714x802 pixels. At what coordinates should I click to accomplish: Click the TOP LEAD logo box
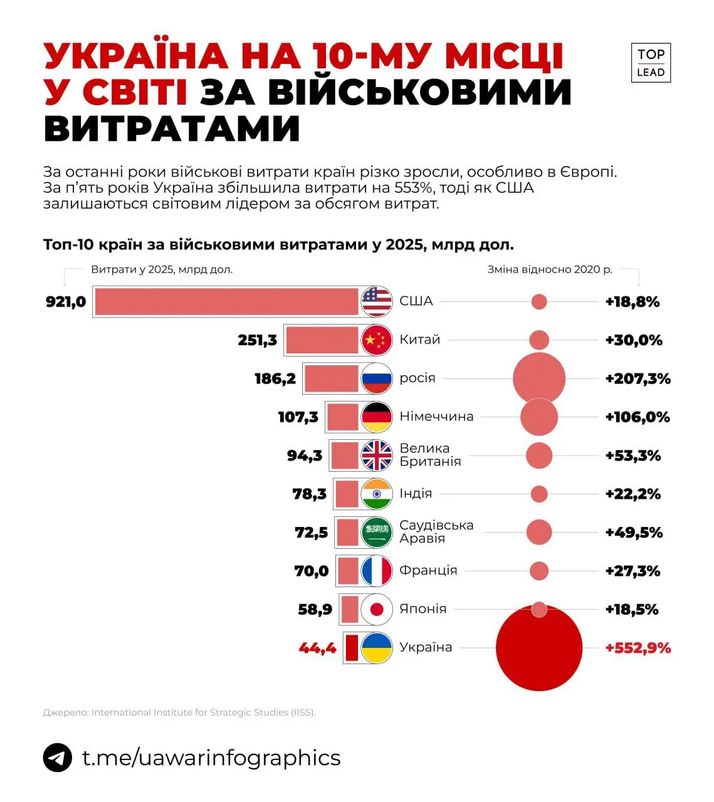pos(651,63)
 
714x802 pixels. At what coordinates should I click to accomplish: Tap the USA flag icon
pos(377,301)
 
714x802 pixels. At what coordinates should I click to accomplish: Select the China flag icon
pos(377,340)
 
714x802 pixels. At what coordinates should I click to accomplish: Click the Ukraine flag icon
pos(377,648)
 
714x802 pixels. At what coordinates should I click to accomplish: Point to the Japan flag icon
pos(377,609)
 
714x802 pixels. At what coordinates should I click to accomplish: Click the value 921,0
pos(66,302)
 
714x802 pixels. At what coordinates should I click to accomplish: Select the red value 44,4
pos(318,648)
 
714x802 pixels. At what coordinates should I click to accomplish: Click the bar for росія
pos(332,378)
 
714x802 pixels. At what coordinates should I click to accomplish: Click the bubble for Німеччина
pos(539,417)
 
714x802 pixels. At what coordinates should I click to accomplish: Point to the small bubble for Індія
pos(539,494)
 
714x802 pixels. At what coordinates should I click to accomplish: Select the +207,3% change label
pos(638,378)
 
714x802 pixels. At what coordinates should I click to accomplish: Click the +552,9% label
pos(638,648)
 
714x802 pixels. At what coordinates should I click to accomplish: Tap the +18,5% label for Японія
pos(631,609)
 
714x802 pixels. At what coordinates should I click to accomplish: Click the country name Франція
pos(428,571)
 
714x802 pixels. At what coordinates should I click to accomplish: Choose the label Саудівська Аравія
pos(436,532)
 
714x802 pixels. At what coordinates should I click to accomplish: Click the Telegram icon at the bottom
pos(58,758)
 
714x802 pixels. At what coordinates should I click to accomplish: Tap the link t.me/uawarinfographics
pos(211,758)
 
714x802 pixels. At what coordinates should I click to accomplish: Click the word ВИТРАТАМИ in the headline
pos(172,128)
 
